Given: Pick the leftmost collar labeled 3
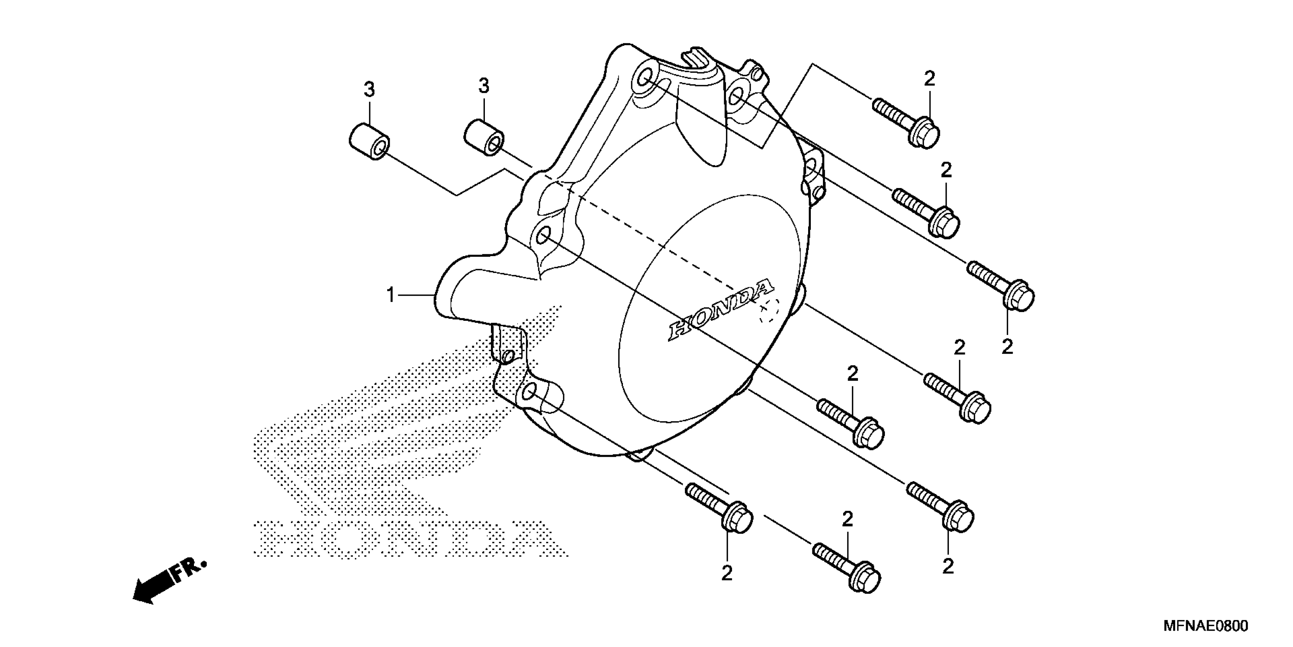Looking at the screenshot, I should [369, 142].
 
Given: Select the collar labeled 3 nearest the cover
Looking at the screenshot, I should [483, 138].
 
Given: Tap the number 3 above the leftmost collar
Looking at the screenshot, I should [369, 91].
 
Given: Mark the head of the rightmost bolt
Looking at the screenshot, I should [1019, 298].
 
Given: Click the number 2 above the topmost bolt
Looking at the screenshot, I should [929, 79].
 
